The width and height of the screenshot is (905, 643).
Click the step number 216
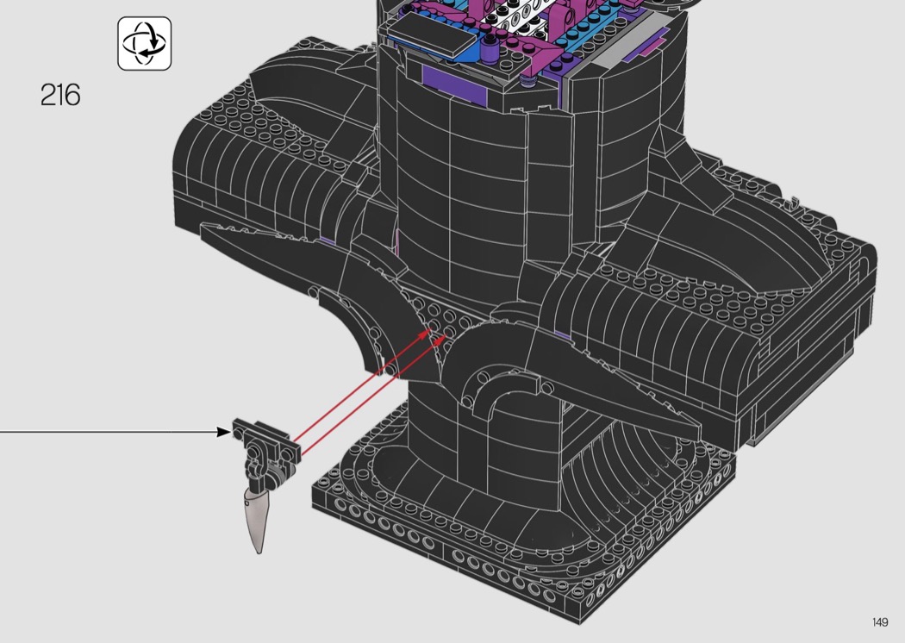60,95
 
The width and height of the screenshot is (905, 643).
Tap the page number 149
880,622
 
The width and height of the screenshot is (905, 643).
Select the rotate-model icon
144,43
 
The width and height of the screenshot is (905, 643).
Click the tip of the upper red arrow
432,330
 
